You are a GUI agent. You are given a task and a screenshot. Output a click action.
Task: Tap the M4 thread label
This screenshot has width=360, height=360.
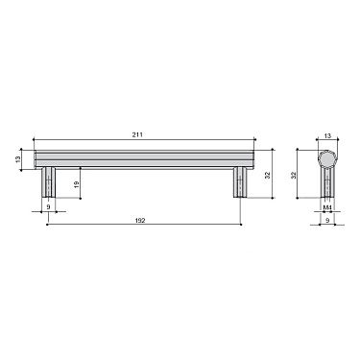(326, 206)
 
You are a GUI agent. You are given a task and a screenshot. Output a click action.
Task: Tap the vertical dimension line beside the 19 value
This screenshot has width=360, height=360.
(83, 180)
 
